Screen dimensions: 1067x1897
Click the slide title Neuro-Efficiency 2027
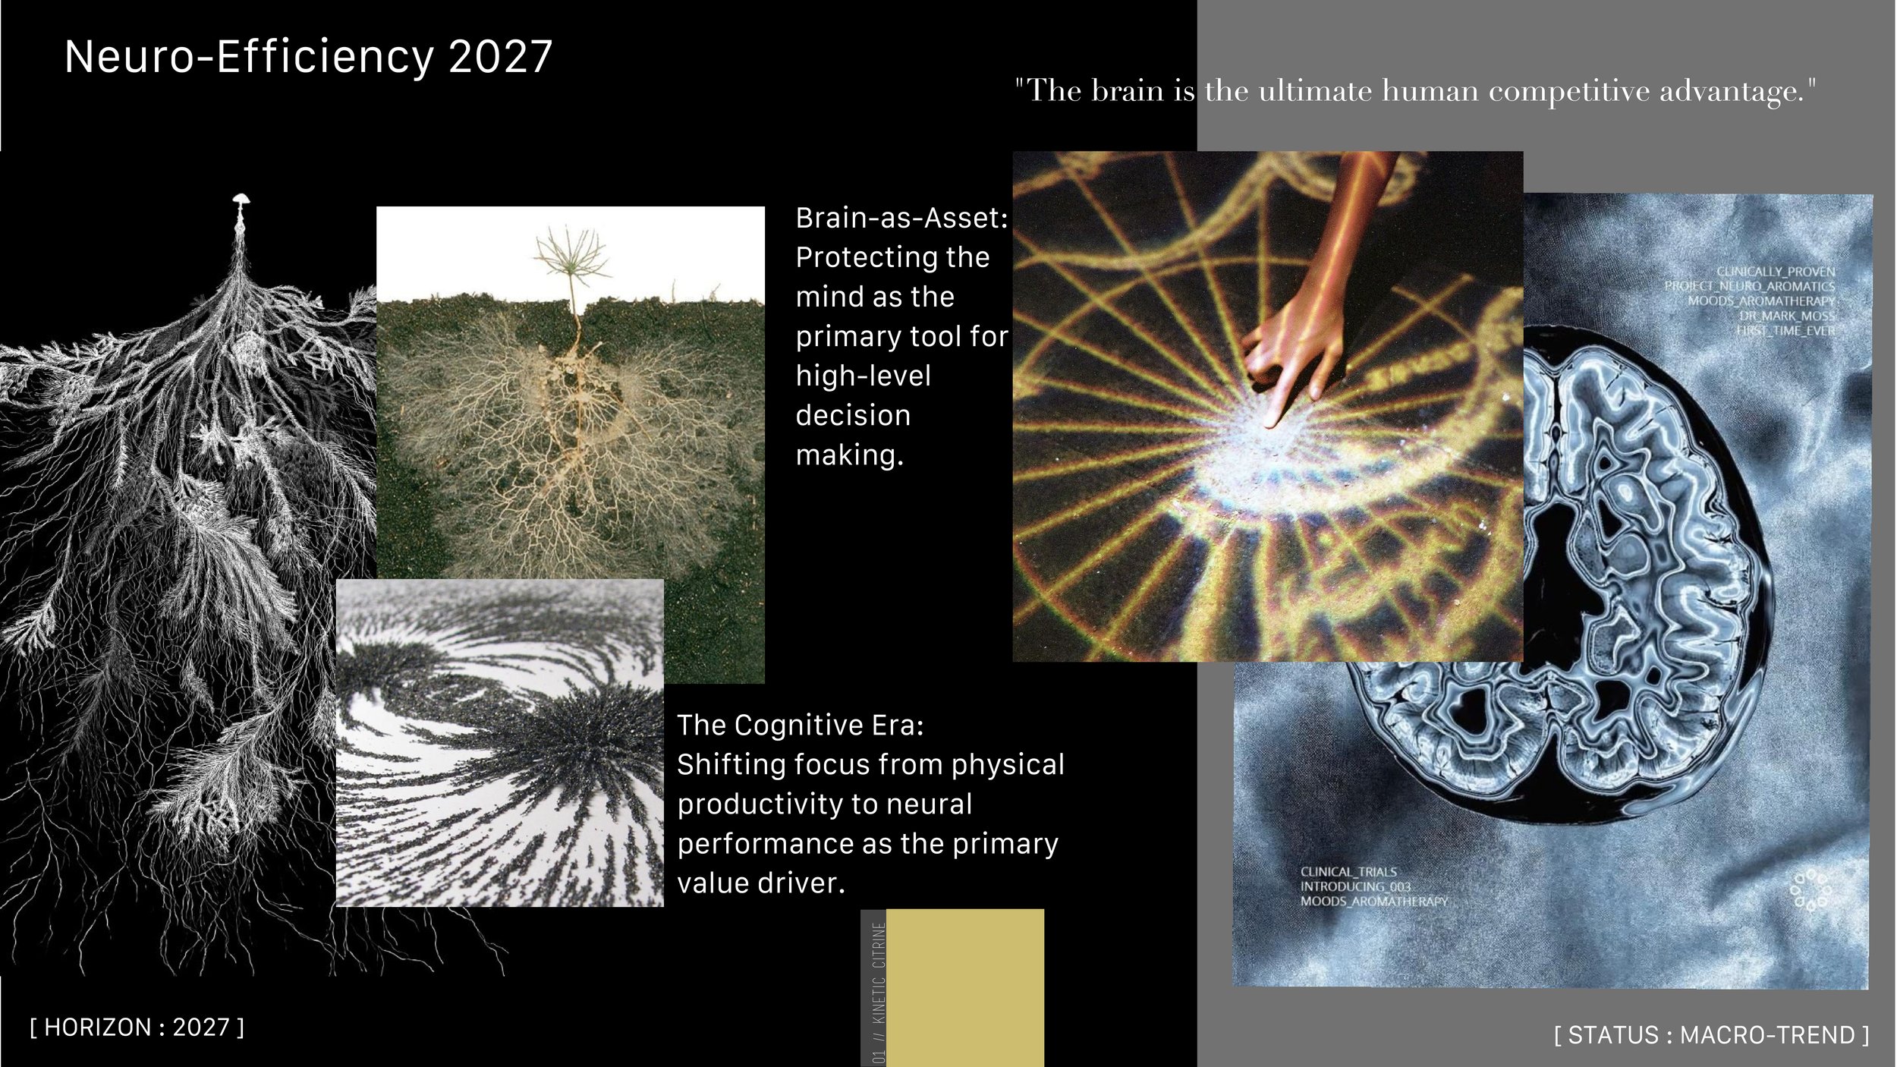pyautogui.click(x=308, y=57)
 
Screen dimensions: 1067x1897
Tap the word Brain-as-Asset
pyautogui.click(x=900, y=219)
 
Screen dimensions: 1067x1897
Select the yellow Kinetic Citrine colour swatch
pyautogui.click(x=964, y=987)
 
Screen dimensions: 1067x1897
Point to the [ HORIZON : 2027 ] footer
pyautogui.click(x=137, y=1028)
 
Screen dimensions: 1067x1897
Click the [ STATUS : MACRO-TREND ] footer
pyautogui.click(x=1711, y=1035)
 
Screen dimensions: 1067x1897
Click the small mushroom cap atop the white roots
pyautogui.click(x=241, y=198)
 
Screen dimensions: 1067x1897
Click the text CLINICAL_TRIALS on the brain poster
pyautogui.click(x=1348, y=872)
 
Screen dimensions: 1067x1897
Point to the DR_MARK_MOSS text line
pyautogui.click(x=1786, y=316)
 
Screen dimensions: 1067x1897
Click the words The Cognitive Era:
pyautogui.click(x=800, y=725)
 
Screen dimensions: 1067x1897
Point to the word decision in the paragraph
pyautogui.click(x=853, y=416)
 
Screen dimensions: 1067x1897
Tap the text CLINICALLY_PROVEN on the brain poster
pyautogui.click(x=1776, y=272)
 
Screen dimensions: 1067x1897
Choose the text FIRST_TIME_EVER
pyautogui.click(x=1785, y=331)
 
